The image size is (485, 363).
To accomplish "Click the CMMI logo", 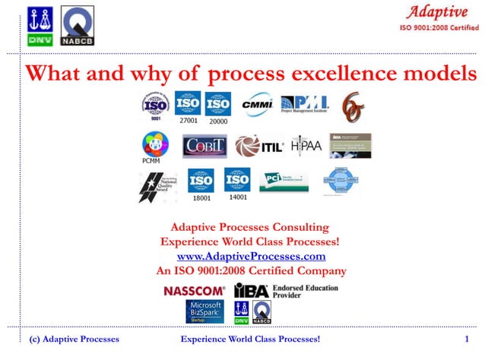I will tap(256, 104).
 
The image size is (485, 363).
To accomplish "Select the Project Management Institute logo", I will tap(306, 104).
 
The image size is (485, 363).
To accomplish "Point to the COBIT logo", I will tap(204, 146).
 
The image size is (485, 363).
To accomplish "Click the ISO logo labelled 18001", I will tap(201, 181).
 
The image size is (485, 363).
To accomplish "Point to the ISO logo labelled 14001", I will tap(237, 180).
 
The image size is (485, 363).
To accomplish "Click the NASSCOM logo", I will tap(194, 291).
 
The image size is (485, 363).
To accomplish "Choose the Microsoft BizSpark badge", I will tap(205, 311).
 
